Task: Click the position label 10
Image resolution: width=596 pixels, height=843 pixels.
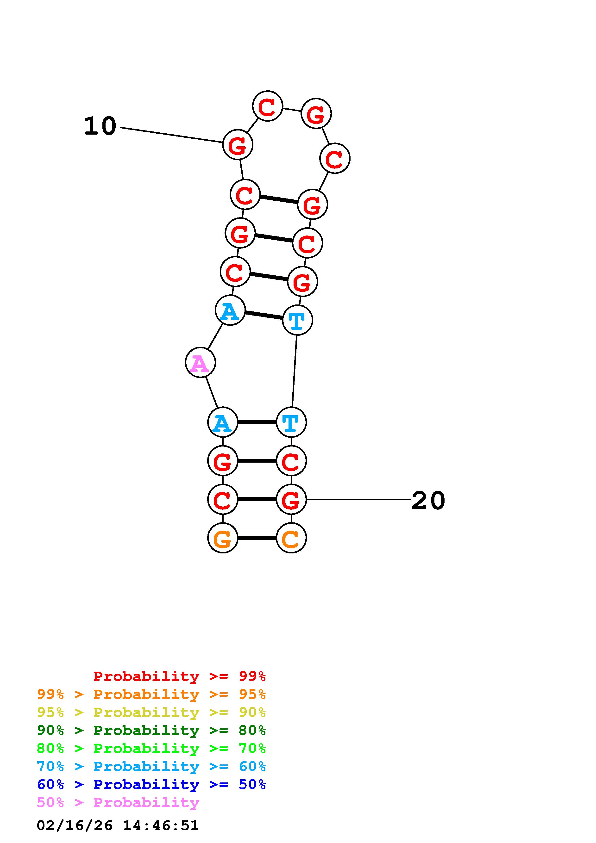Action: (x=100, y=126)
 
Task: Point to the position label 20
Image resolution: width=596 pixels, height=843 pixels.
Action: (x=428, y=500)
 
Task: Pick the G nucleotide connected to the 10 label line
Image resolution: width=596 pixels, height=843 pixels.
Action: (x=238, y=145)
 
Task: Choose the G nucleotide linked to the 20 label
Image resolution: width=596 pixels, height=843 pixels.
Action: (x=291, y=499)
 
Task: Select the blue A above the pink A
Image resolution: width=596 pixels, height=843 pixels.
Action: (x=230, y=310)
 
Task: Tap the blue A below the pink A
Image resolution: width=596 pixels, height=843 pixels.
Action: (x=223, y=422)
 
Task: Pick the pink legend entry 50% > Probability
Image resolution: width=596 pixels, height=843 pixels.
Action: (x=118, y=802)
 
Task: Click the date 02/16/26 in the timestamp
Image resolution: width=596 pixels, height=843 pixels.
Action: (x=75, y=825)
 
